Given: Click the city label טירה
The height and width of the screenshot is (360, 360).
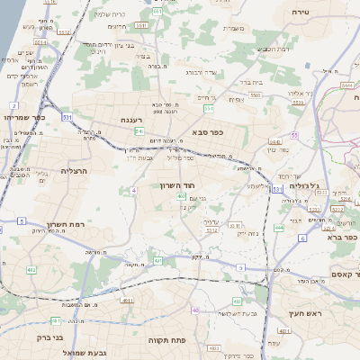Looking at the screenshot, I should (301, 12).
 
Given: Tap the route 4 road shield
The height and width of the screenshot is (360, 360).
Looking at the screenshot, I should (133, 191).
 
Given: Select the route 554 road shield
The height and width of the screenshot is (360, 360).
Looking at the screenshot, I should (209, 109).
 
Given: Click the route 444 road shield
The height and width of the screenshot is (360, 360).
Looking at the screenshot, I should (279, 229).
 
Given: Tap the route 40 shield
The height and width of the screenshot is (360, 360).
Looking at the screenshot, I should (195, 310).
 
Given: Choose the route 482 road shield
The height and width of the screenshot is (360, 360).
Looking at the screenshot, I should (31, 269).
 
